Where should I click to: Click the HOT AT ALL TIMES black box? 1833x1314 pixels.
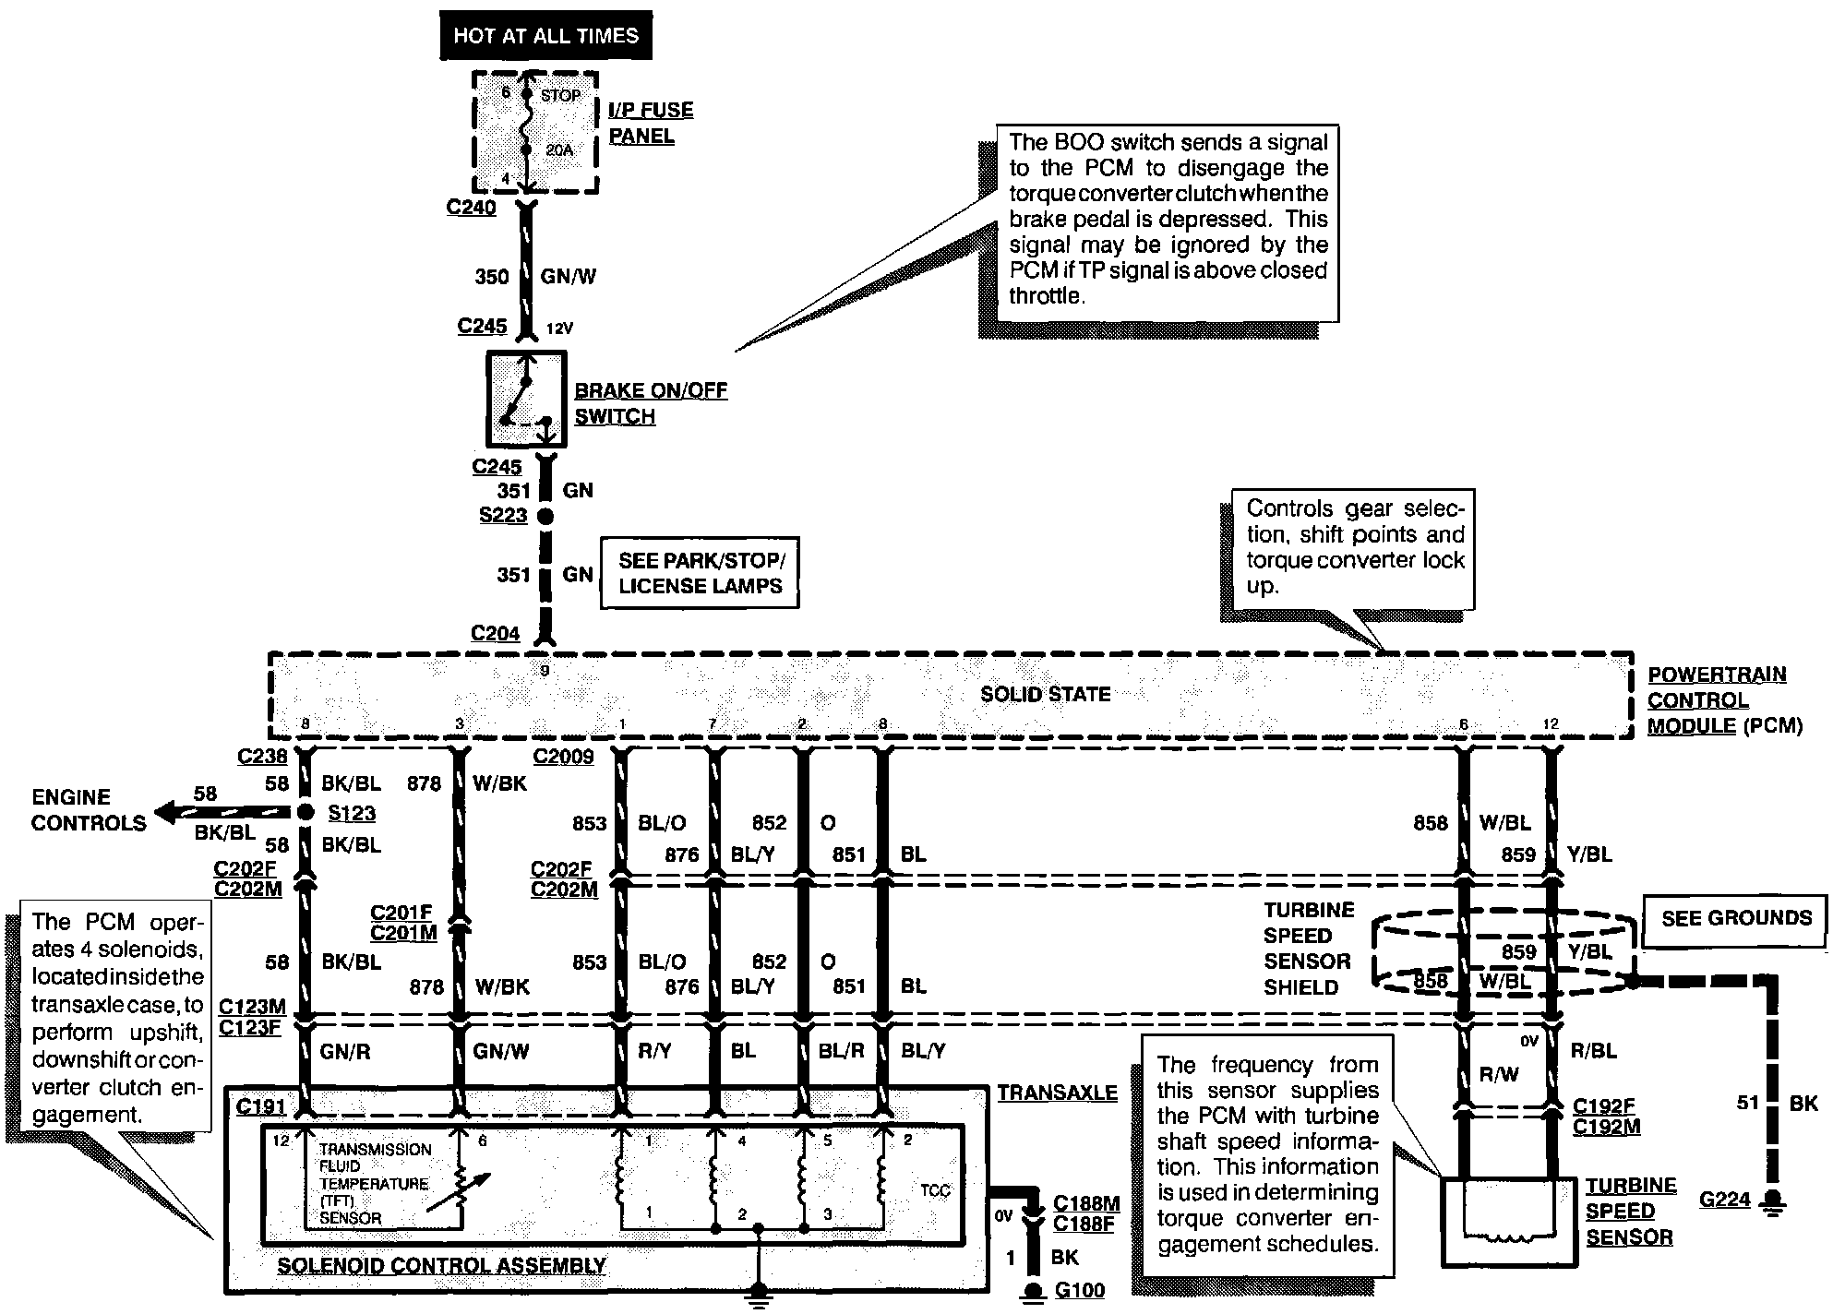point(545,36)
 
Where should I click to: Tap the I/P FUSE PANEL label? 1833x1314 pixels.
point(650,123)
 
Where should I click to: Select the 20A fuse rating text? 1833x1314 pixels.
point(560,149)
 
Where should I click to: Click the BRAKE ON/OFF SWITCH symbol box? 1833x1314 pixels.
point(526,399)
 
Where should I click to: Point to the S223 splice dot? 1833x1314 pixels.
point(545,517)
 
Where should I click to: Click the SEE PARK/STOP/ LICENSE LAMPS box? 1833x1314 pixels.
point(700,573)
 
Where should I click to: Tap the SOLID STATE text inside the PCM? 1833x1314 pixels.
point(1045,694)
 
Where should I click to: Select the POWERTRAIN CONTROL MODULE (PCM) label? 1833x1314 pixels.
point(1722,700)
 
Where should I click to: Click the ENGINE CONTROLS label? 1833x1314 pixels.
point(89,810)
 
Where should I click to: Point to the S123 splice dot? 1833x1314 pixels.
point(305,813)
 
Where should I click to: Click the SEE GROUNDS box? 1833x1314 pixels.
point(1736,918)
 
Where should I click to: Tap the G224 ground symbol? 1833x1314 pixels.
point(1771,1201)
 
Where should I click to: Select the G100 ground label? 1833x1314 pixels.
point(1079,1290)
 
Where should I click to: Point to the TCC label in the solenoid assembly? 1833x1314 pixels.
point(934,1190)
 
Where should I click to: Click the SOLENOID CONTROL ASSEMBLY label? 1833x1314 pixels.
point(441,1266)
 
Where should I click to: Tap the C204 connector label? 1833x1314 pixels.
point(495,634)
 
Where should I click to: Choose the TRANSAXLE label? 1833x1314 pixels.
point(1057,1093)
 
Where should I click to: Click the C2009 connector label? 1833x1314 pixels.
point(563,757)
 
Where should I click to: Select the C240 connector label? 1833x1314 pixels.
point(471,208)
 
